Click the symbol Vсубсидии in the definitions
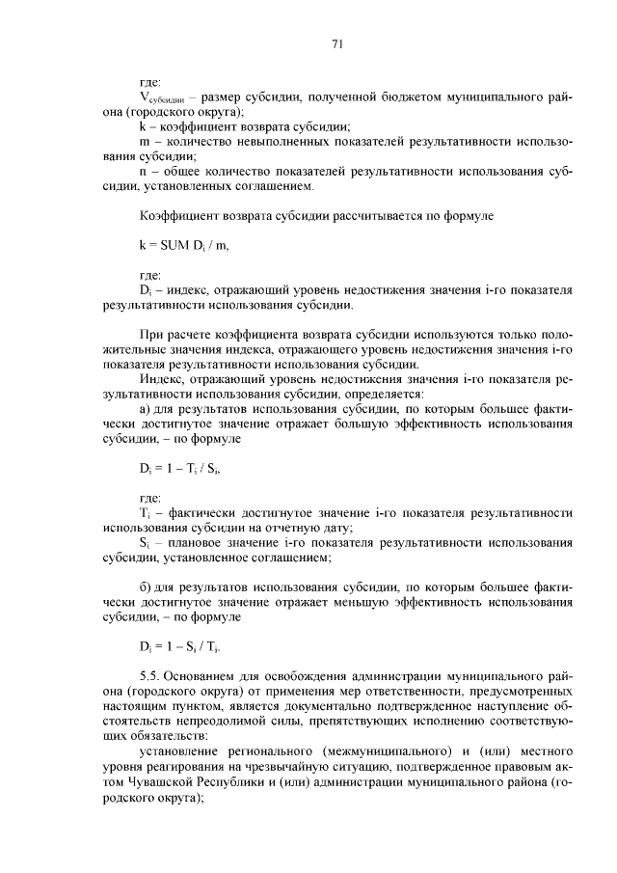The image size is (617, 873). (162, 98)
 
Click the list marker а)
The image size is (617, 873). (147, 409)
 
